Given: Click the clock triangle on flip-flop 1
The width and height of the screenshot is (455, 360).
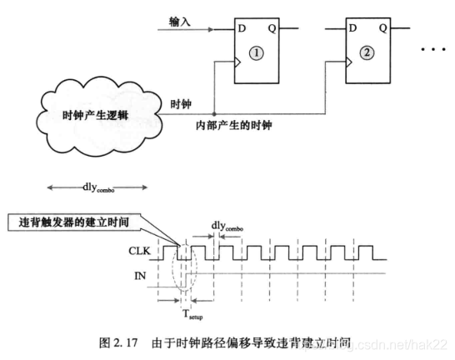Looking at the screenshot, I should point(237,62).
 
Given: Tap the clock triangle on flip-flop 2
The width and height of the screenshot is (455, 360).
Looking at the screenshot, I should point(349,62).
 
